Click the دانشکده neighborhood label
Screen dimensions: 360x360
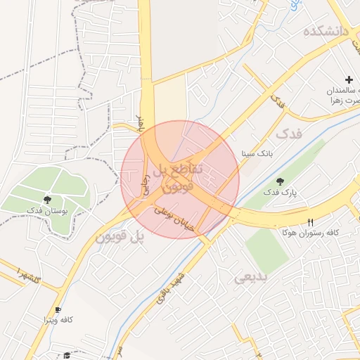click(326, 32)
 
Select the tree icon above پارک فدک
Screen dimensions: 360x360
click(281, 181)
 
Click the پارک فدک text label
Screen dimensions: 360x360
click(281, 191)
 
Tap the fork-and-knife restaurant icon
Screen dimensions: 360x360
click(310, 222)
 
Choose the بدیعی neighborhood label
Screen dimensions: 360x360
click(251, 278)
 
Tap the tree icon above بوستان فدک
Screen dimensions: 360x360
click(47, 200)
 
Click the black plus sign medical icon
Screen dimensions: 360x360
click(349, 81)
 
